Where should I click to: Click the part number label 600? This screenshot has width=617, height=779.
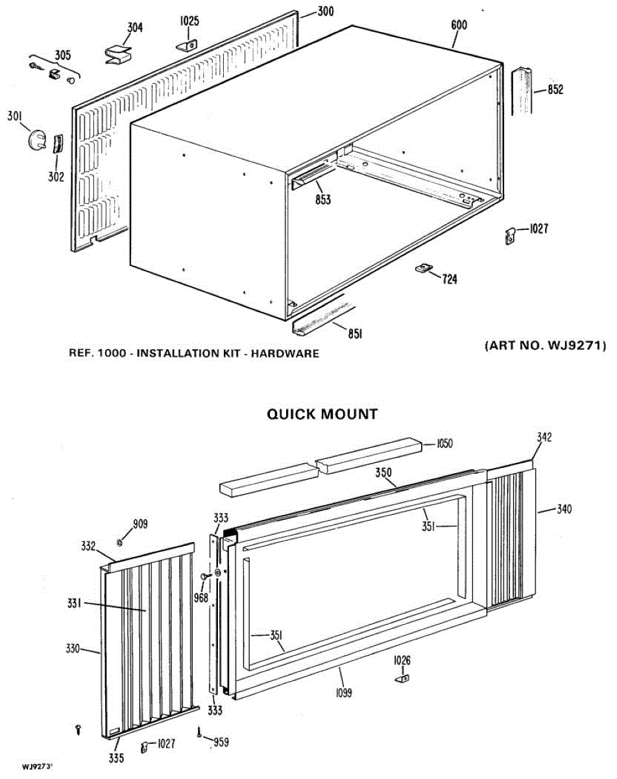459,25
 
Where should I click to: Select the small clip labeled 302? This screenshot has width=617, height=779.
56,143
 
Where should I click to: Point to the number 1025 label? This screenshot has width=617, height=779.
189,21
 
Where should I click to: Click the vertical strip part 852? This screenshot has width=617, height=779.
523,90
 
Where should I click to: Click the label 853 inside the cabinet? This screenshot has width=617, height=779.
322,199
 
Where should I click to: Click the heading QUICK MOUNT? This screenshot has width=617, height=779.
322,414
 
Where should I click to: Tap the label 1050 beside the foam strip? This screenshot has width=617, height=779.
444,444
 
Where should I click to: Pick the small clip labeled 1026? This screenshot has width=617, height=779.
401,678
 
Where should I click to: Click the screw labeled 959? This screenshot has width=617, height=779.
199,734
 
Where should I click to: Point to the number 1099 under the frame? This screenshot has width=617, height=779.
344,693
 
